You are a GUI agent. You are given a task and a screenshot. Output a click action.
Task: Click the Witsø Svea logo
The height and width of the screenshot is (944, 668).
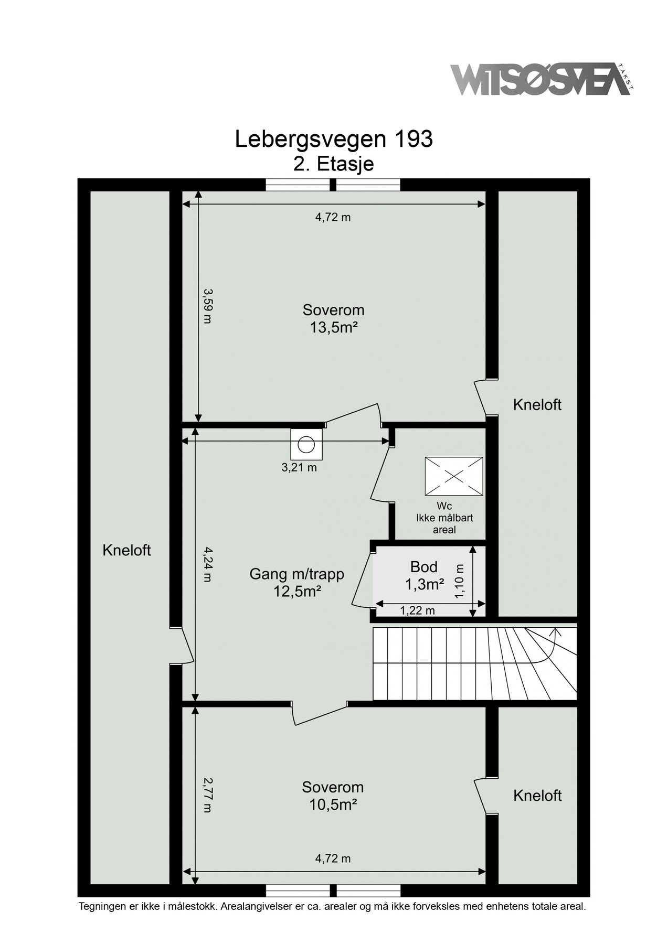(542, 80)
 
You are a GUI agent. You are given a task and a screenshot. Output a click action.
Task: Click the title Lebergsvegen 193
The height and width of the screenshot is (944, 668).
(334, 140)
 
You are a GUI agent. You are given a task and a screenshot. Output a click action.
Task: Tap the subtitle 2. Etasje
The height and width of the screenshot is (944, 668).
(334, 164)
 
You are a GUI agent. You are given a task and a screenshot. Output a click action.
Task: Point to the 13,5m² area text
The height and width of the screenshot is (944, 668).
(334, 328)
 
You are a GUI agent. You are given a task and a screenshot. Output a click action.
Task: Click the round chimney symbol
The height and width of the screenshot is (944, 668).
(305, 444)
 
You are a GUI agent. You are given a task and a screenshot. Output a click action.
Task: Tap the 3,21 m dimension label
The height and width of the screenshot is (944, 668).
(299, 468)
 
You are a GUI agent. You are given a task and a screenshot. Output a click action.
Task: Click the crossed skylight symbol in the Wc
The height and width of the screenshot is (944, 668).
(453, 476)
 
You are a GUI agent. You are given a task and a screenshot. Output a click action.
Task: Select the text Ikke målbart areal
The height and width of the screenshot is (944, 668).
(444, 524)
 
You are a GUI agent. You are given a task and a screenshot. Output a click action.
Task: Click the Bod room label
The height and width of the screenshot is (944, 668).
(424, 567)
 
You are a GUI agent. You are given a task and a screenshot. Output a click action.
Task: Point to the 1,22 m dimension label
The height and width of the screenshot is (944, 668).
(417, 610)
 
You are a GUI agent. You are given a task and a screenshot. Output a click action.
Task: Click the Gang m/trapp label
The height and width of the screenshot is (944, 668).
(297, 574)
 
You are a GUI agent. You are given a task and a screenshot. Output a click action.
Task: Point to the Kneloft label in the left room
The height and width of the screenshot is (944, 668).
(126, 550)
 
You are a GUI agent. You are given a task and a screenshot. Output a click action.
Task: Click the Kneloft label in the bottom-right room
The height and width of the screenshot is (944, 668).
(537, 796)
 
